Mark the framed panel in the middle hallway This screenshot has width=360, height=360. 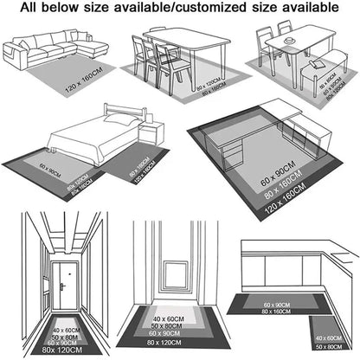(179, 261)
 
